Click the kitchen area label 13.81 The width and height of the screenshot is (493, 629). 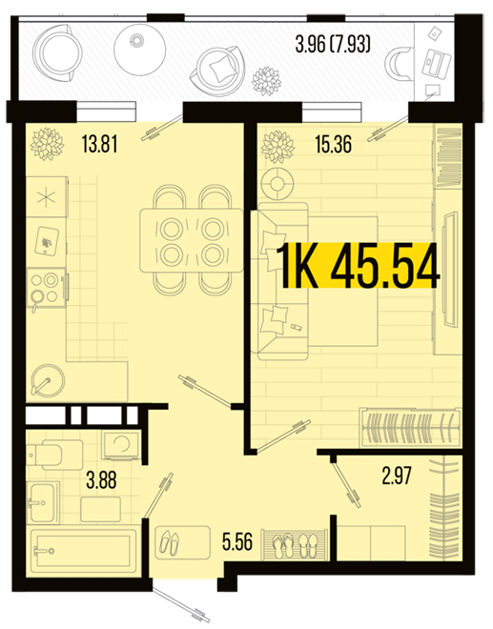[99, 144]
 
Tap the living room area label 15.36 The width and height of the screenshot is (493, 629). [334, 144]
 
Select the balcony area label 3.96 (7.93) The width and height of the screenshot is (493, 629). [333, 44]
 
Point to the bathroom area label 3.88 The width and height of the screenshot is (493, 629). [102, 479]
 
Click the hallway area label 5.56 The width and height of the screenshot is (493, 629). [237, 542]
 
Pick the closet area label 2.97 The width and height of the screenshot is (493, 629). [397, 477]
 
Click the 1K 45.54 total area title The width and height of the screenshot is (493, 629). [359, 266]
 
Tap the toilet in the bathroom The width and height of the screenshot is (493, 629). [55, 455]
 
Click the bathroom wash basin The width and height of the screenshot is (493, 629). [42, 502]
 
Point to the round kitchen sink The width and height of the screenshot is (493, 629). [48, 380]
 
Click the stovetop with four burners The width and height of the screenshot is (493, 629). [46, 288]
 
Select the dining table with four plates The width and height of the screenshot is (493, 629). [191, 241]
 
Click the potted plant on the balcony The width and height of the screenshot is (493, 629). [266, 81]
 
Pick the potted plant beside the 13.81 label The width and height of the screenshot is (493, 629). [48, 144]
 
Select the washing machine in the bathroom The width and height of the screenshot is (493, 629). [121, 445]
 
